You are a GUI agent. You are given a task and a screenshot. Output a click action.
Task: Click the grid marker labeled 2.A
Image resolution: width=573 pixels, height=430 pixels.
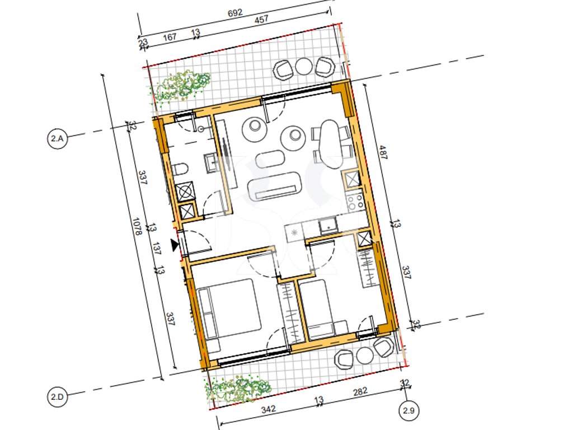(58, 139)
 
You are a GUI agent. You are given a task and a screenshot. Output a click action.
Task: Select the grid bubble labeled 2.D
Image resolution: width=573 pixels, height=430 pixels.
(58, 397)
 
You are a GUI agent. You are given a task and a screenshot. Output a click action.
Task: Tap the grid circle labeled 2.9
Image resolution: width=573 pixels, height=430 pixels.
(408, 410)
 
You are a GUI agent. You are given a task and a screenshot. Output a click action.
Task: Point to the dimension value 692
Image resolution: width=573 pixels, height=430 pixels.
(235, 13)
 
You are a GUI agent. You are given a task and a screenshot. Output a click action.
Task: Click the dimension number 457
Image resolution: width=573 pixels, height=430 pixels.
(261, 20)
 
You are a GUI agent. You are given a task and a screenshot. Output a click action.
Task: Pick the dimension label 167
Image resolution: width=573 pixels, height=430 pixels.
(170, 37)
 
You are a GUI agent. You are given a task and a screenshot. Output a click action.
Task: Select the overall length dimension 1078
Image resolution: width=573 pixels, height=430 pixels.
(137, 227)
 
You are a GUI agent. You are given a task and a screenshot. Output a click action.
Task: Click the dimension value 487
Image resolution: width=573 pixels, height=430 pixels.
(383, 152)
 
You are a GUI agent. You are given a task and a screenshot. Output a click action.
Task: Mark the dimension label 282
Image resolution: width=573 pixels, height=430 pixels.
(360, 391)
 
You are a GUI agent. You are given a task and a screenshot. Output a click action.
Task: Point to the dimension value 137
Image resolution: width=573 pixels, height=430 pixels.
(157, 248)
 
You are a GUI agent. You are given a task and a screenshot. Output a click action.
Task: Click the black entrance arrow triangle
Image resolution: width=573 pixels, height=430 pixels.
(175, 245)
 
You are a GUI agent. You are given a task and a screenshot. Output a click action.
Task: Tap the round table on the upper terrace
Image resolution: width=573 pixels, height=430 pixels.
(304, 67)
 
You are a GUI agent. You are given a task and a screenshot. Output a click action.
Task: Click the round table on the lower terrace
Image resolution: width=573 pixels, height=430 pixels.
(364, 355)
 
